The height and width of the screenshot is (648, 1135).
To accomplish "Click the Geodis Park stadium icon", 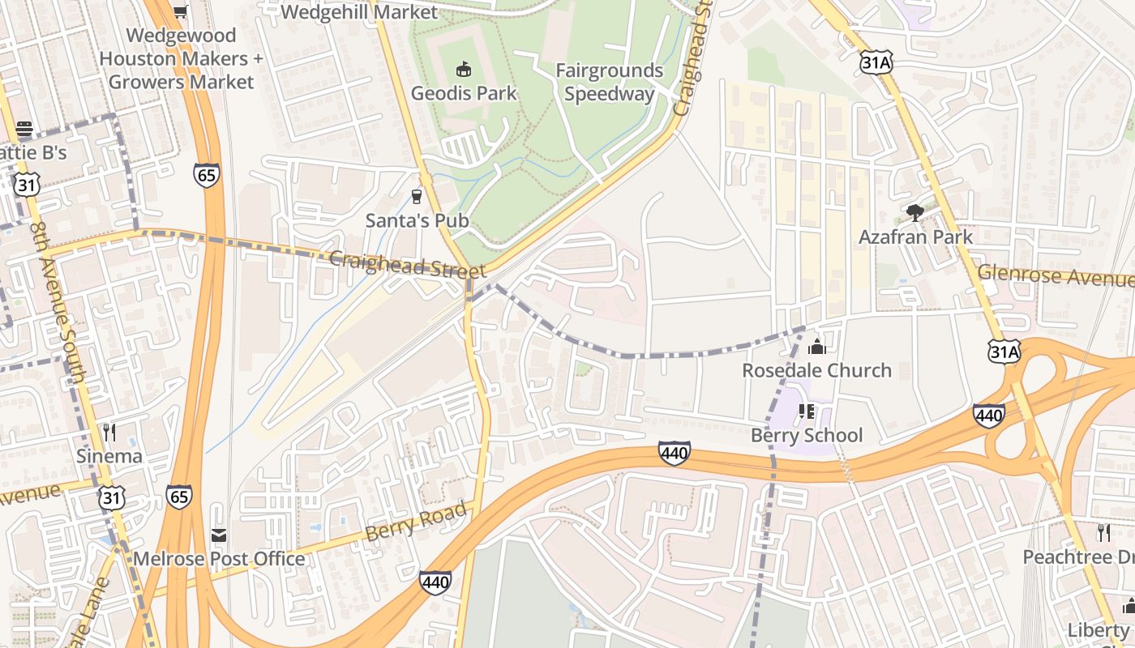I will (x=464, y=69).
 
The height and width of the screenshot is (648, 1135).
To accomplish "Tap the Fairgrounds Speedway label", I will (x=609, y=83).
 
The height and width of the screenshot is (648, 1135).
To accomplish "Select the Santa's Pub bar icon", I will (x=417, y=196).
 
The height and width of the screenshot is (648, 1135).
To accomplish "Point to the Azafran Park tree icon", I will (x=915, y=213).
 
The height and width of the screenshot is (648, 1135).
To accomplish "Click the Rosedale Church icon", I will (x=816, y=347).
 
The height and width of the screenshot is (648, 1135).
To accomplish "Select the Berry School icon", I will (x=806, y=411).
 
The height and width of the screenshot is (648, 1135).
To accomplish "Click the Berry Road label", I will (x=417, y=522).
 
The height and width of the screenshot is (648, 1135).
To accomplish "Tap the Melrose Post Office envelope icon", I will (x=219, y=535).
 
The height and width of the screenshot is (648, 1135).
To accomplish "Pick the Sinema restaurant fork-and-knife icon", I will (x=109, y=433).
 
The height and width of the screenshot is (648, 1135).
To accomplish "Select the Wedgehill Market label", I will (x=358, y=11).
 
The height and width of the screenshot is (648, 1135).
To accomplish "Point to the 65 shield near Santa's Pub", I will (x=207, y=175).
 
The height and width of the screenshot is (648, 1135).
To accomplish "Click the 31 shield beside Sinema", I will (x=112, y=498).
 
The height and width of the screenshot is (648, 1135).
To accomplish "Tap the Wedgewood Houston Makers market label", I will (x=181, y=58).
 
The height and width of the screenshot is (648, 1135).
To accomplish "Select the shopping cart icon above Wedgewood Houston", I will (x=181, y=11).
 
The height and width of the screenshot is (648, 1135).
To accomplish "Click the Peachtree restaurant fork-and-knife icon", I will (x=1103, y=532).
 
